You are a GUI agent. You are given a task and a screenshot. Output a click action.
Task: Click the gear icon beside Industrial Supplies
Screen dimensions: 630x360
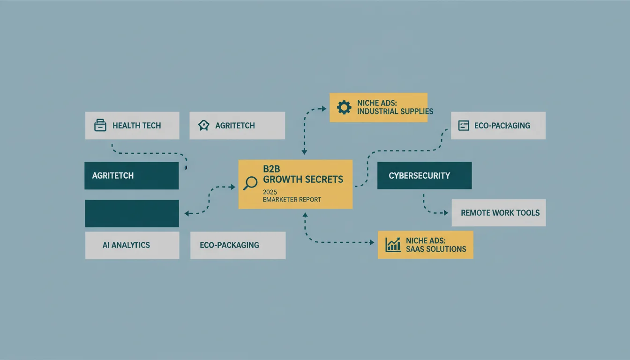pyautogui.click(x=344, y=107)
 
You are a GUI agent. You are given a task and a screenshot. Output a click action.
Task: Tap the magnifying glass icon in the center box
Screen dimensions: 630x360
pyautogui.click(x=250, y=183)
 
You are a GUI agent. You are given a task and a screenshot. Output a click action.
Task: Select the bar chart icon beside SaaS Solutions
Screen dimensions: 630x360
pyautogui.click(x=393, y=245)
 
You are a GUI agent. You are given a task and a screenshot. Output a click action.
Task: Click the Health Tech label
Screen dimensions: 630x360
pyautogui.click(x=137, y=126)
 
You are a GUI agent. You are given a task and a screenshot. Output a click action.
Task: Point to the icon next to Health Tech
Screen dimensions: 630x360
pyautogui.click(x=100, y=125)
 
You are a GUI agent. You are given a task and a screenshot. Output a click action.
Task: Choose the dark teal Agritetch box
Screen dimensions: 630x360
pyautogui.click(x=132, y=175)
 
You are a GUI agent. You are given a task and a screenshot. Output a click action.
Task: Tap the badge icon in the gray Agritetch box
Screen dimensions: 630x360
pyautogui.click(x=203, y=126)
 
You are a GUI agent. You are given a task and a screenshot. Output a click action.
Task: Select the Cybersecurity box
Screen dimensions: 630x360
pyautogui.click(x=424, y=175)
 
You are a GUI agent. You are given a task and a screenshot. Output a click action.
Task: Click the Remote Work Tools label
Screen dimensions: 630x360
pyautogui.click(x=500, y=213)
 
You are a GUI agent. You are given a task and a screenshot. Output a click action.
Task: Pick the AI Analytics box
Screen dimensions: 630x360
pyautogui.click(x=132, y=245)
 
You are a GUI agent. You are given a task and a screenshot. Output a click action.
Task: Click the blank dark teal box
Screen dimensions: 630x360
pyautogui.click(x=132, y=213)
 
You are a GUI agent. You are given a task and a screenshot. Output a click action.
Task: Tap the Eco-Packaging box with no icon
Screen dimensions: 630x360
pyautogui.click(x=238, y=245)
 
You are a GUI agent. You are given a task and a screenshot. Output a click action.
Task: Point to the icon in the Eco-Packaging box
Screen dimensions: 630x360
pyautogui.click(x=464, y=126)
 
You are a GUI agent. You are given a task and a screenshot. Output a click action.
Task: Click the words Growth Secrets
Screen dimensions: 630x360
pyautogui.click(x=303, y=180)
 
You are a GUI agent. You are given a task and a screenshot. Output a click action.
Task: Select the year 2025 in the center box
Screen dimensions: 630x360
pyautogui.click(x=270, y=192)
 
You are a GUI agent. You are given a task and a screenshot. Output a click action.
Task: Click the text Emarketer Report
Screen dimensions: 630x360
pyautogui.click(x=292, y=200)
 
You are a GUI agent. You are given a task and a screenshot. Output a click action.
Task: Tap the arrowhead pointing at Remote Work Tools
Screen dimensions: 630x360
pyautogui.click(x=446, y=213)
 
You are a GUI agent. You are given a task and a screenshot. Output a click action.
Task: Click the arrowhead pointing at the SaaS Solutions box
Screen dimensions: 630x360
pyautogui.click(x=372, y=242)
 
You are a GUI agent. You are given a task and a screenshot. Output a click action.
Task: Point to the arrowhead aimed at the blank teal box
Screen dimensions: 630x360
pyautogui.click(x=187, y=213)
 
